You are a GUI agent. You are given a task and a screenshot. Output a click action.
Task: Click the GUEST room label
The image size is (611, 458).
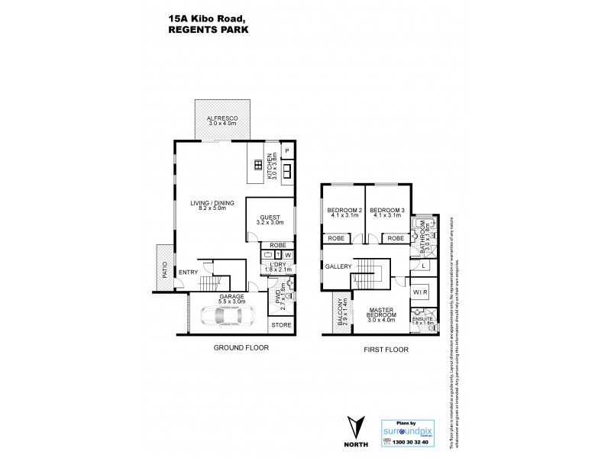coord(270,219)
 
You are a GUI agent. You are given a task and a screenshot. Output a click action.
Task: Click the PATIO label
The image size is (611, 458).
coord(164,268)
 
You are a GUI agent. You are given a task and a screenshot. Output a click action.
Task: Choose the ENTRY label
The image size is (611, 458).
coord(188,273)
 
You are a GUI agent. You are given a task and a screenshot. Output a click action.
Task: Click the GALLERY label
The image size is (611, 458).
coord(338,266)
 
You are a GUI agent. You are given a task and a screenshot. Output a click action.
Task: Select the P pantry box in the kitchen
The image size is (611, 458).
coord(287,151)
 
